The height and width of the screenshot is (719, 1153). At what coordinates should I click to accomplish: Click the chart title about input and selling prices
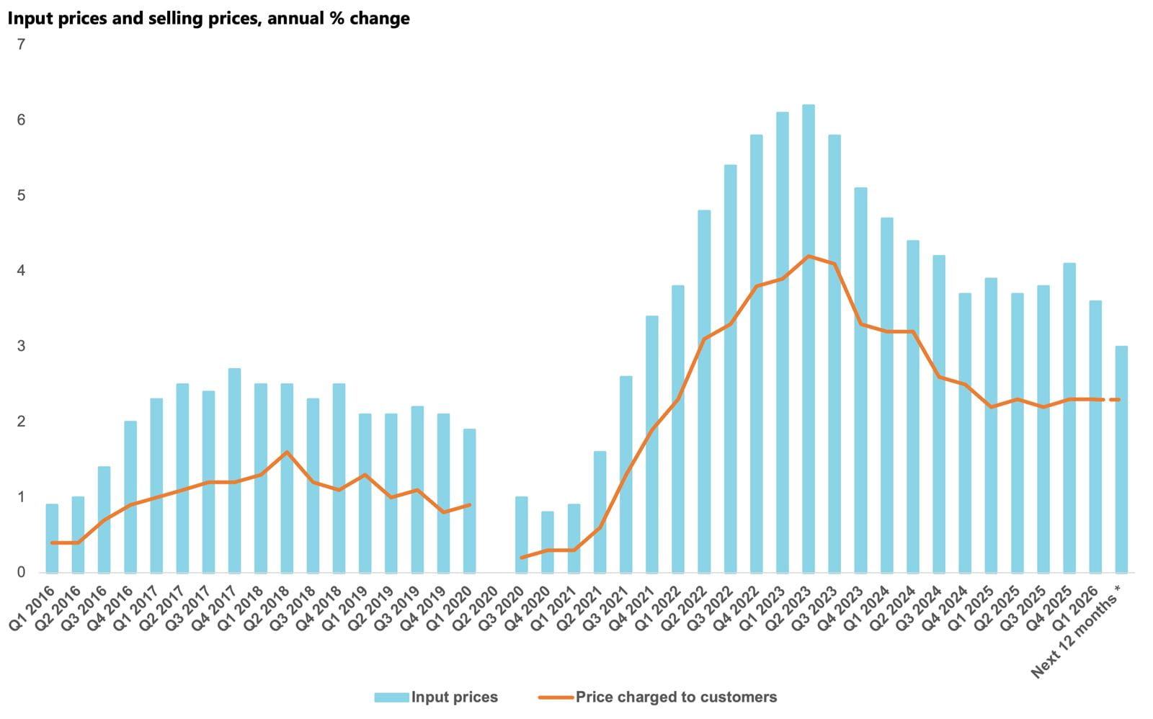point(209,19)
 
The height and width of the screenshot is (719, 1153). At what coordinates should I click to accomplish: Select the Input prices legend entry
point(437,697)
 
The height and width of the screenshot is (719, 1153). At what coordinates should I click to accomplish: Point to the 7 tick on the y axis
point(21,45)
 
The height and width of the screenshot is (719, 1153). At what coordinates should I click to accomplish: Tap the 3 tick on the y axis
point(21,347)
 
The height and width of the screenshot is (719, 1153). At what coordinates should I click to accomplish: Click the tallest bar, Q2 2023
point(809,339)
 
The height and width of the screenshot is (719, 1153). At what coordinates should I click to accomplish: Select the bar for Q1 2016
point(52,538)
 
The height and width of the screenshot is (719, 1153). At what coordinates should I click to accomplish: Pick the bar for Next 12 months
point(1121,460)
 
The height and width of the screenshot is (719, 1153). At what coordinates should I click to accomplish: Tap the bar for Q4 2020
point(548,542)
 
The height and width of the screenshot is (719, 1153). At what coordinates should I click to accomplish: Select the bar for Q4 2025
point(1069,418)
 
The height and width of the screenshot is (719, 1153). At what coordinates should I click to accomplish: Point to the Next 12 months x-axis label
point(1077,634)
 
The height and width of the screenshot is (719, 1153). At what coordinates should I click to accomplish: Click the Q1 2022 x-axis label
point(657,609)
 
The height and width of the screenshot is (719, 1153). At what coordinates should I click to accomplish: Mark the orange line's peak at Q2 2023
point(809,256)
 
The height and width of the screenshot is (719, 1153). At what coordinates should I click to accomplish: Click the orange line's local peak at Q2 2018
point(287,452)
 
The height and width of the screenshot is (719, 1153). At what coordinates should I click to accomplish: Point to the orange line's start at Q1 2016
point(53,542)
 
